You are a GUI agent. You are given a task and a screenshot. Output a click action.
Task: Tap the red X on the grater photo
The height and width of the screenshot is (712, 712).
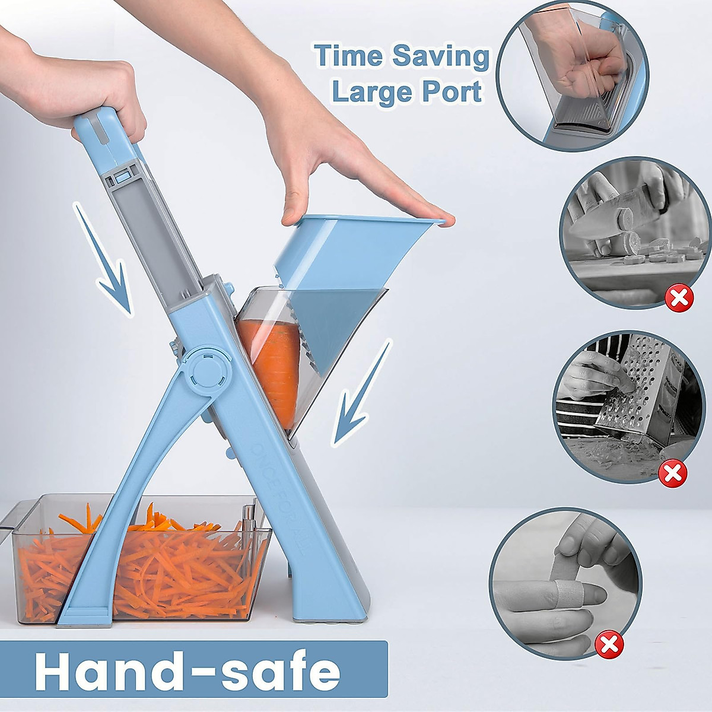click(673, 473)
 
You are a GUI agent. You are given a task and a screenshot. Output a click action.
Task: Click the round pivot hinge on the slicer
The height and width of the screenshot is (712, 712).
click(205, 375)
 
